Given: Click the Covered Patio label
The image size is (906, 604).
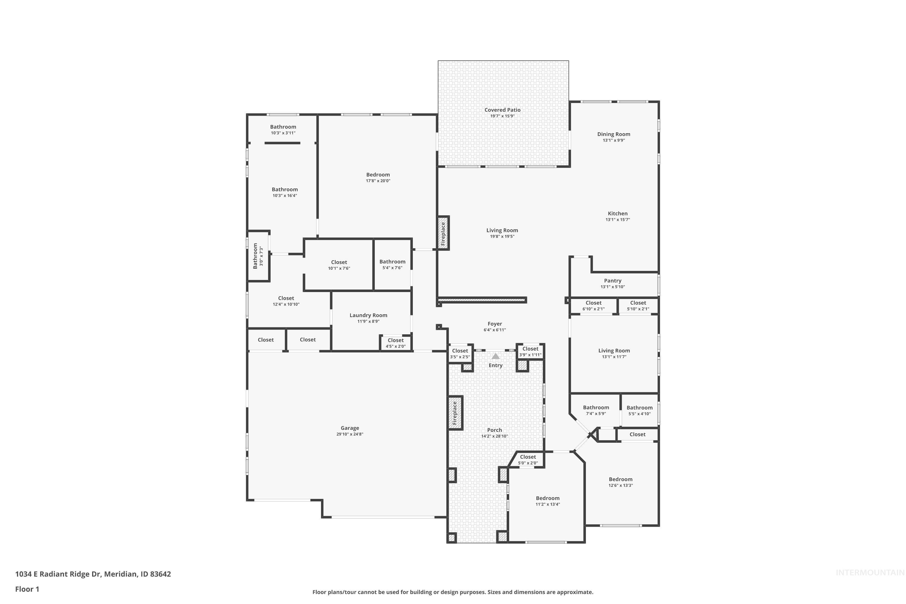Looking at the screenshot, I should tap(502, 110).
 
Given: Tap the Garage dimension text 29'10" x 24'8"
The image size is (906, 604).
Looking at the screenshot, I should tap(349, 434).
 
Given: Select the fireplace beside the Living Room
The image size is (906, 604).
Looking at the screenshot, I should tap(443, 233).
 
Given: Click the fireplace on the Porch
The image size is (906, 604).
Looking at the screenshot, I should tap(455, 413).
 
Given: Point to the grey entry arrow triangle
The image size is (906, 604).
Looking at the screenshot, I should tap(495, 356).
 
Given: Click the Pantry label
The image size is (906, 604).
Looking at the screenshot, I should tap(612, 281).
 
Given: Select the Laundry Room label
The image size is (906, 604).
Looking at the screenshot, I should tap(368, 315).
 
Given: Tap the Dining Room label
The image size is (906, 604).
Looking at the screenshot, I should tap(614, 134).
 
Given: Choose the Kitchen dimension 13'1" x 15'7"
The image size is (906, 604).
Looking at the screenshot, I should tap(618, 220).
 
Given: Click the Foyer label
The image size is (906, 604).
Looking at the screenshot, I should tap(495, 324).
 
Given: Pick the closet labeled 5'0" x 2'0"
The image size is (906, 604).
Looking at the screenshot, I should tap(528, 460).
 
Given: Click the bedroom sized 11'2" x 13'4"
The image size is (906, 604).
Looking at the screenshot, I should tap(547, 501).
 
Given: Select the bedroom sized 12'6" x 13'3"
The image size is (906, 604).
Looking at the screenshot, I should tap(620, 482).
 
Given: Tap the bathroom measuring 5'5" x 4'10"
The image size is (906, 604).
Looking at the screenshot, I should tap(639, 410).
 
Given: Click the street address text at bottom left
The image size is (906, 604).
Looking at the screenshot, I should tap(93, 574).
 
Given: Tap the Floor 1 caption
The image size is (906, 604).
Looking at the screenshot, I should tap(27, 589).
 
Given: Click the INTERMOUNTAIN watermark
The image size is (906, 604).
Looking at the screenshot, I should tap(869, 573).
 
